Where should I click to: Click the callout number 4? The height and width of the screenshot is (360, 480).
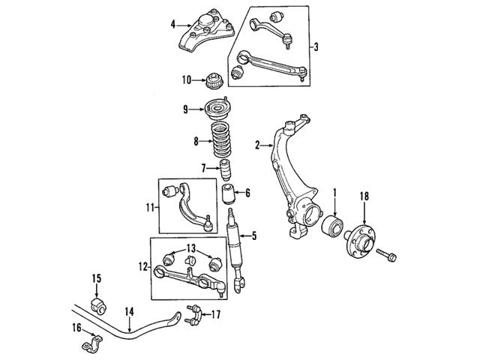(x=173, y=25)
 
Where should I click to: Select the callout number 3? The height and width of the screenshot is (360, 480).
(x=316, y=47)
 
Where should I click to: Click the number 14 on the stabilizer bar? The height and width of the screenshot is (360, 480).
(x=129, y=311)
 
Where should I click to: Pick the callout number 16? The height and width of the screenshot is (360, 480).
(x=75, y=327)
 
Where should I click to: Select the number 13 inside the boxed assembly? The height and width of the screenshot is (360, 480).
(x=190, y=248)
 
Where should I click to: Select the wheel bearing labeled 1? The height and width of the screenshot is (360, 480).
(x=332, y=226)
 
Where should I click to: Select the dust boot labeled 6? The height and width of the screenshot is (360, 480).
(x=228, y=199)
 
